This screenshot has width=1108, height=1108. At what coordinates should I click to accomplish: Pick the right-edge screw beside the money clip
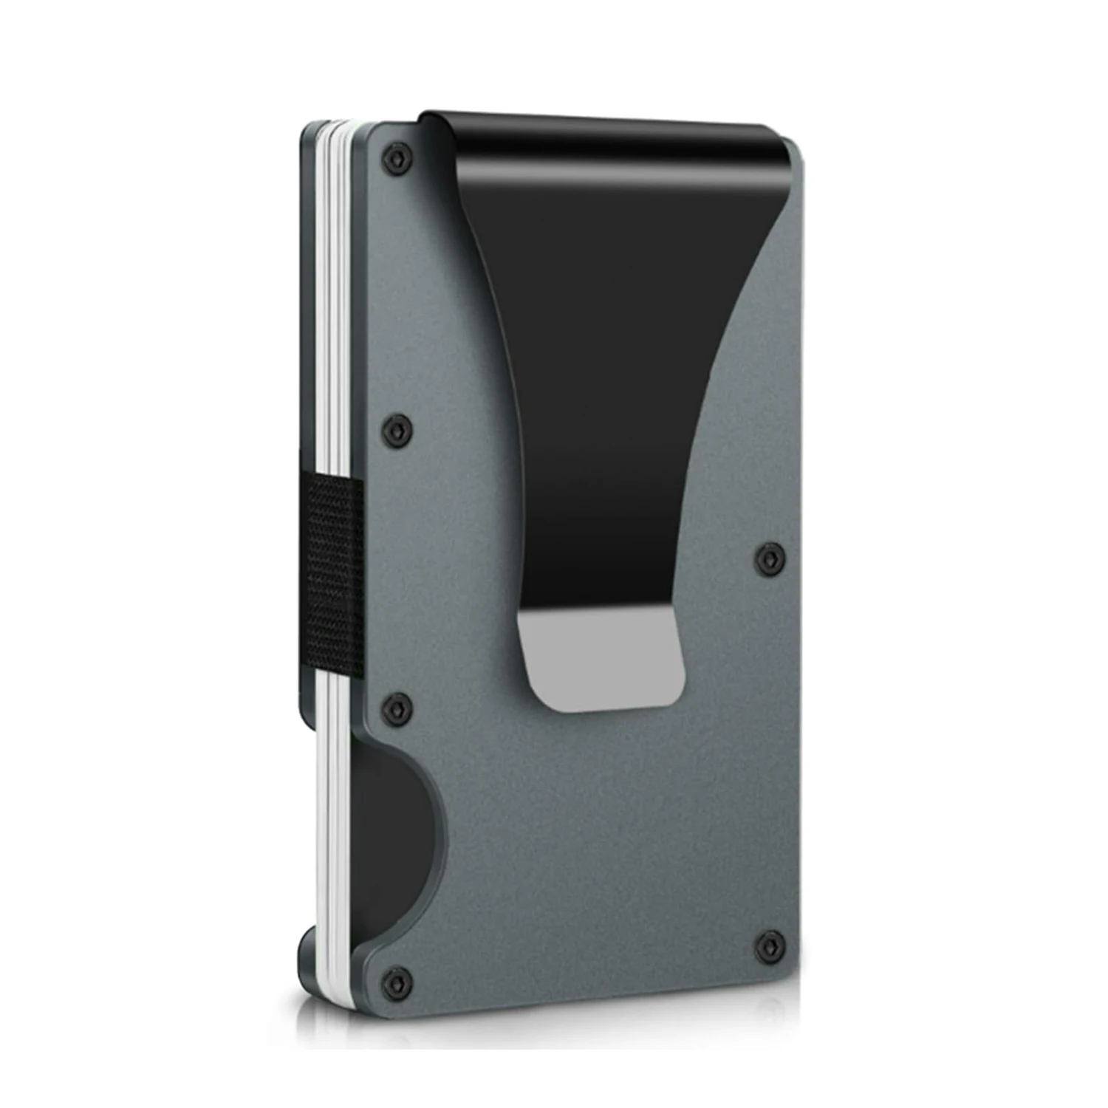pyautogui.click(x=770, y=556)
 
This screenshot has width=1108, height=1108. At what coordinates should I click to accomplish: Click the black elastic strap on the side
pyautogui.click(x=334, y=578)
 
